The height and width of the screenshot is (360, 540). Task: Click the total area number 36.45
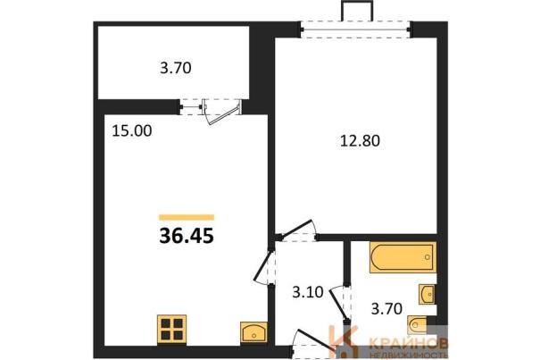tap(187, 236)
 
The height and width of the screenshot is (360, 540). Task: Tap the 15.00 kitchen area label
tap(132, 131)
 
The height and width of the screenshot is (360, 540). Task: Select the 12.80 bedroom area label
tap(360, 140)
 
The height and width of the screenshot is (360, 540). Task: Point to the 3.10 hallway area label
tap(308, 292)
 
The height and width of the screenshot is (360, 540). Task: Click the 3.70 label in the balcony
tap(176, 68)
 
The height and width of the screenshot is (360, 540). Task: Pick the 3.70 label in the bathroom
tap(386, 308)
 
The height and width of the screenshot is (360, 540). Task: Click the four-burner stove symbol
tap(172, 329)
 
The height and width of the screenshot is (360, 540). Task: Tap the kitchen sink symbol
tap(253, 332)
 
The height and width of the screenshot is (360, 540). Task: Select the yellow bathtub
tap(403, 257)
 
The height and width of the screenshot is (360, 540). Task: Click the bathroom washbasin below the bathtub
tap(427, 294)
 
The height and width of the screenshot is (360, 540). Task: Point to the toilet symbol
tap(418, 325)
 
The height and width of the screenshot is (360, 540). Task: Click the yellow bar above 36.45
tap(187, 217)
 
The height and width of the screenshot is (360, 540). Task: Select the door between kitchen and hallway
tap(262, 264)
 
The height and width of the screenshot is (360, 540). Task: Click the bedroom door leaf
tap(296, 229)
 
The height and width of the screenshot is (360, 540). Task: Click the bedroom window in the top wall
tap(356, 29)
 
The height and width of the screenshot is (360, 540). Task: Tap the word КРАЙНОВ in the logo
tap(409, 342)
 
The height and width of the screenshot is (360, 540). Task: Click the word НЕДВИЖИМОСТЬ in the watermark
tap(409, 356)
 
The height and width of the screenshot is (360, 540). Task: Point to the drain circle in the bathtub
tap(428, 257)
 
